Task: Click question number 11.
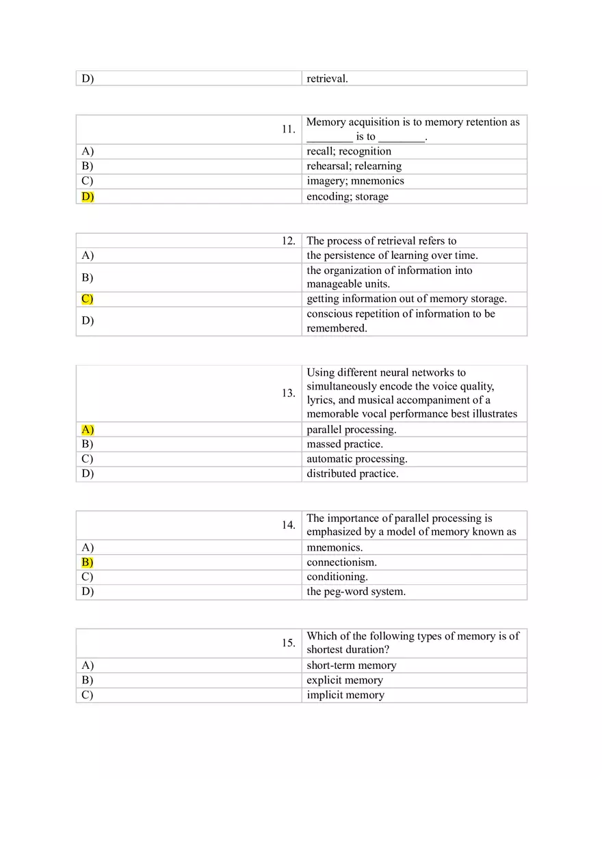(x=289, y=129)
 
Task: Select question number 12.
(x=289, y=241)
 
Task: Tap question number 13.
(x=289, y=393)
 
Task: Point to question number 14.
(x=289, y=525)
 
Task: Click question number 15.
(x=289, y=643)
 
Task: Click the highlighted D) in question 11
(x=88, y=197)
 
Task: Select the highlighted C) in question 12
(x=88, y=299)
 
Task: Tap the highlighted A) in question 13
(x=88, y=430)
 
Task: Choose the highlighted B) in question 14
(x=88, y=562)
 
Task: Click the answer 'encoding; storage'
(x=348, y=197)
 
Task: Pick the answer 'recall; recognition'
(x=349, y=151)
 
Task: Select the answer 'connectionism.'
(x=342, y=562)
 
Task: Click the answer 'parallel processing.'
(x=352, y=430)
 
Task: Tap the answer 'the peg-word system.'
(x=356, y=592)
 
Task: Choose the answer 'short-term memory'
(x=352, y=665)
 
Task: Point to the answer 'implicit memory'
(x=345, y=695)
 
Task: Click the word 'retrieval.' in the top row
(x=328, y=79)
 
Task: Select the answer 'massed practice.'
(x=345, y=444)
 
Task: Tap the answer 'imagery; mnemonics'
(x=355, y=181)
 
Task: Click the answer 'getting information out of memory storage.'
(x=407, y=299)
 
